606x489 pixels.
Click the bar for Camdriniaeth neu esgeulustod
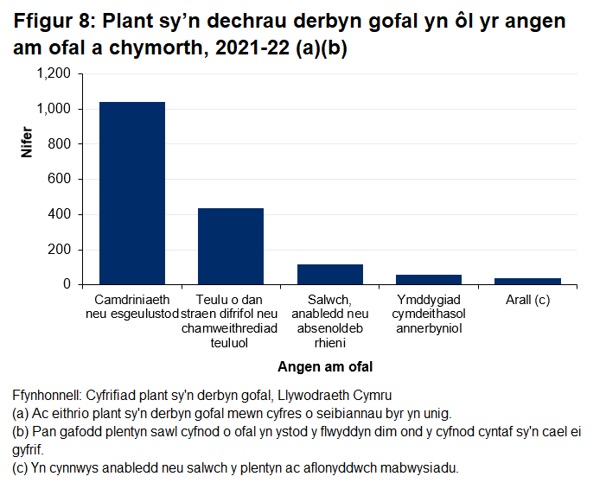coord(132,193)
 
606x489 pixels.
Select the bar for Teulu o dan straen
coord(231,246)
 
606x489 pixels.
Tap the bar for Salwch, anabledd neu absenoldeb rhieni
coord(330,274)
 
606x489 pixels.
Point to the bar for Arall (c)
coord(527,281)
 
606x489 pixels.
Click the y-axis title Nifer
coord(27,143)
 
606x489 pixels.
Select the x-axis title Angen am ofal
coord(330,366)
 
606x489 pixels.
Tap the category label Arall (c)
coord(527,300)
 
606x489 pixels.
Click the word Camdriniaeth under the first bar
coord(132,300)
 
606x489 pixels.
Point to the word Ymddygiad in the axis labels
coord(429,300)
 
